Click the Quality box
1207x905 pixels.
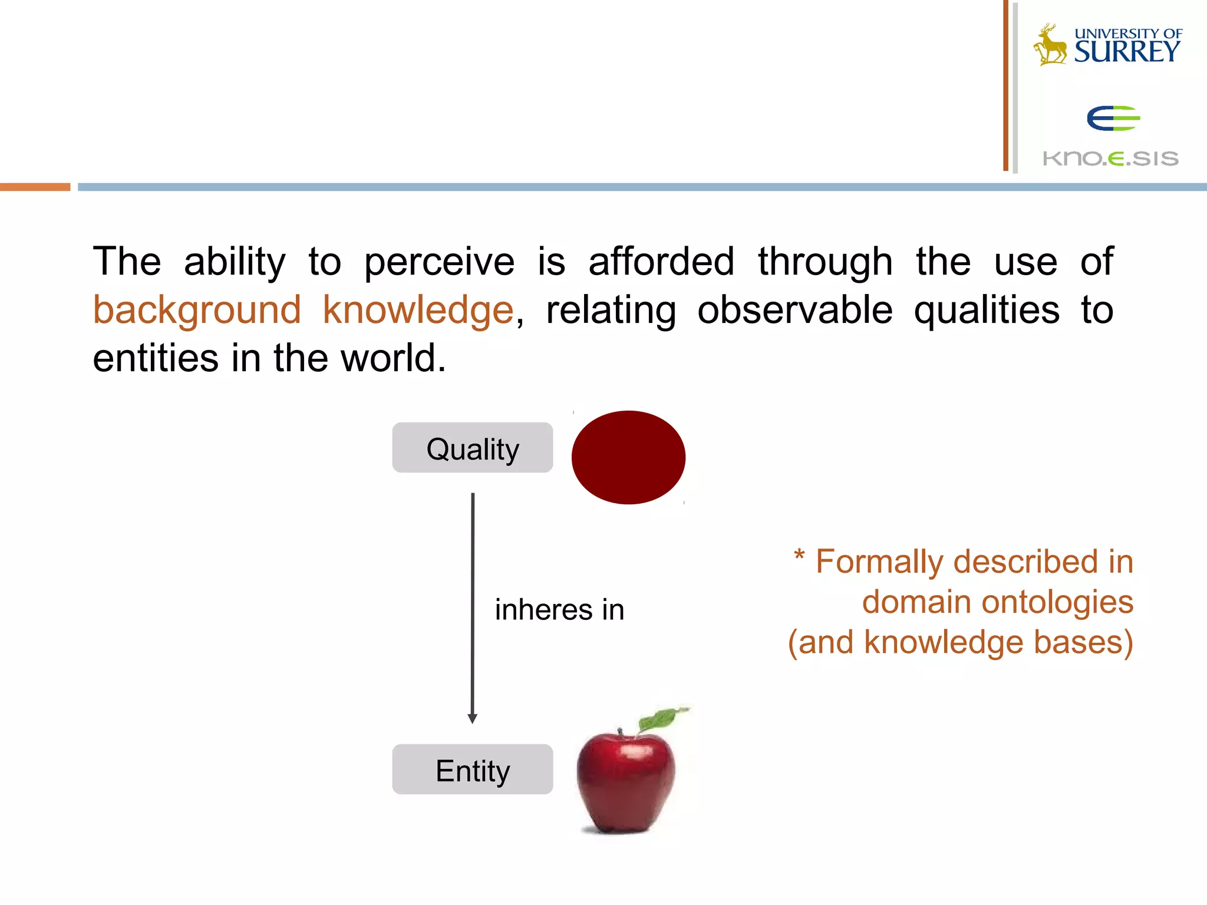coord(472,448)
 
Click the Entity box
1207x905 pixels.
coord(472,769)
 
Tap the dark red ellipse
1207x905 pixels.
coord(628,457)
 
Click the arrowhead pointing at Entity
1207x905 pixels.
coord(472,718)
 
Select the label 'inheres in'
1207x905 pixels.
coord(559,609)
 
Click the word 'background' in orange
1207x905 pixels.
coord(197,310)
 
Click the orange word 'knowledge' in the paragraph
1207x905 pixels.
coord(418,310)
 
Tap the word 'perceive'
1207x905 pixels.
coord(439,262)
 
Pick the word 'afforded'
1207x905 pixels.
coord(661,262)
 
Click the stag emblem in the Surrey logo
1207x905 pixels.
coord(1050,45)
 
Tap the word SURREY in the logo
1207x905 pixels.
coord(1127,52)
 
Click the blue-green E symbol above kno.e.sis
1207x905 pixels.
coord(1113,118)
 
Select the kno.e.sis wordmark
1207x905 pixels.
coord(1110,158)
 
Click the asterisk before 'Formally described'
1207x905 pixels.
coord(799,555)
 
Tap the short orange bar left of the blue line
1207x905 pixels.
coord(35,187)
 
